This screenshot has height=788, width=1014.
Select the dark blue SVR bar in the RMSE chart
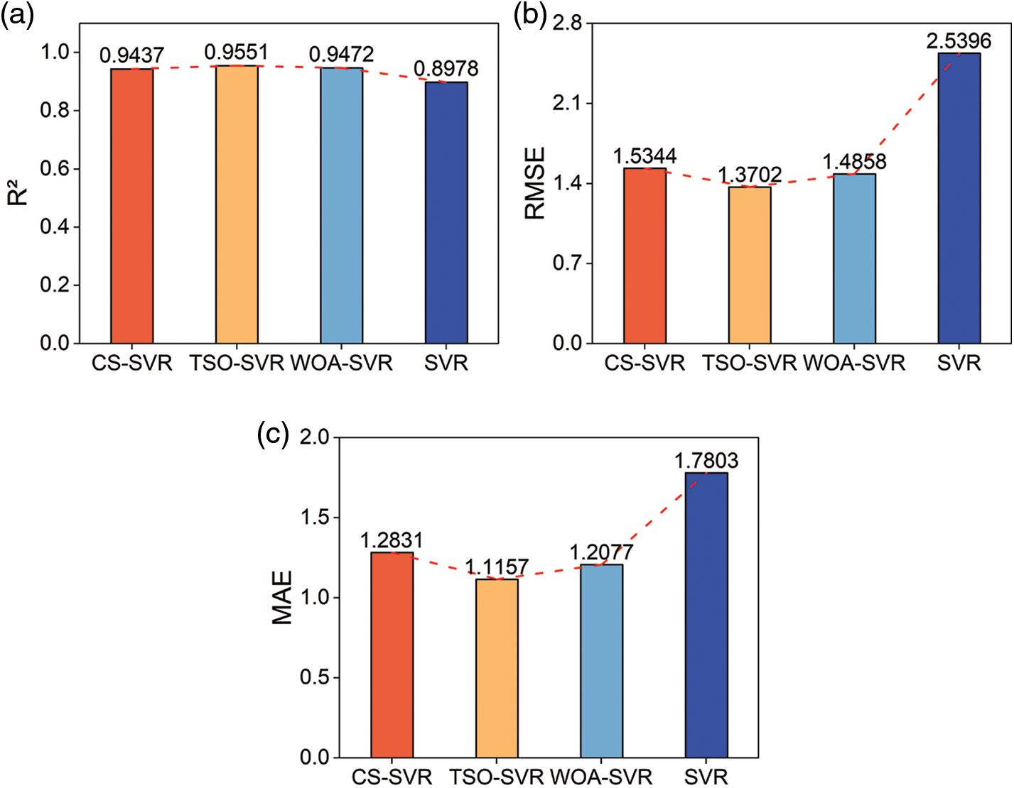pos(959,198)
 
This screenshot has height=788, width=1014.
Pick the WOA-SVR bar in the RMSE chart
pos(854,258)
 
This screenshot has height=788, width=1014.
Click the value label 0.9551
pos(237,53)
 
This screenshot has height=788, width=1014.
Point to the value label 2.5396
pos(959,41)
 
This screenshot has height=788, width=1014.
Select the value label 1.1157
pos(497,567)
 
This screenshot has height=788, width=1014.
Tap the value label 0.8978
pos(446,69)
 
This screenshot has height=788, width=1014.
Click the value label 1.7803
pos(706,461)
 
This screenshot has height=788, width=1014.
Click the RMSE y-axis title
pos(534,183)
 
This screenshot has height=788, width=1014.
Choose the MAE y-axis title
pos(282,598)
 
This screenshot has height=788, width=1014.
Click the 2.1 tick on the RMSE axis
pos(567,104)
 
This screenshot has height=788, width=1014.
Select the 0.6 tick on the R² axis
pos(55,169)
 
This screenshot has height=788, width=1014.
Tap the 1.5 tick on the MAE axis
pos(315,518)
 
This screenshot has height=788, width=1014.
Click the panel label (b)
pos(529,15)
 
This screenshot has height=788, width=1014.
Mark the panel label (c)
pos(273,433)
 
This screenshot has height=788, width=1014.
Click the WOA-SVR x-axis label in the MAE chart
pos(601,777)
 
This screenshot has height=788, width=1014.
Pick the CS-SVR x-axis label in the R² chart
pos(132,363)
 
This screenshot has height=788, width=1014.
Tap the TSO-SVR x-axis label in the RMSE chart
pos(750,363)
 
